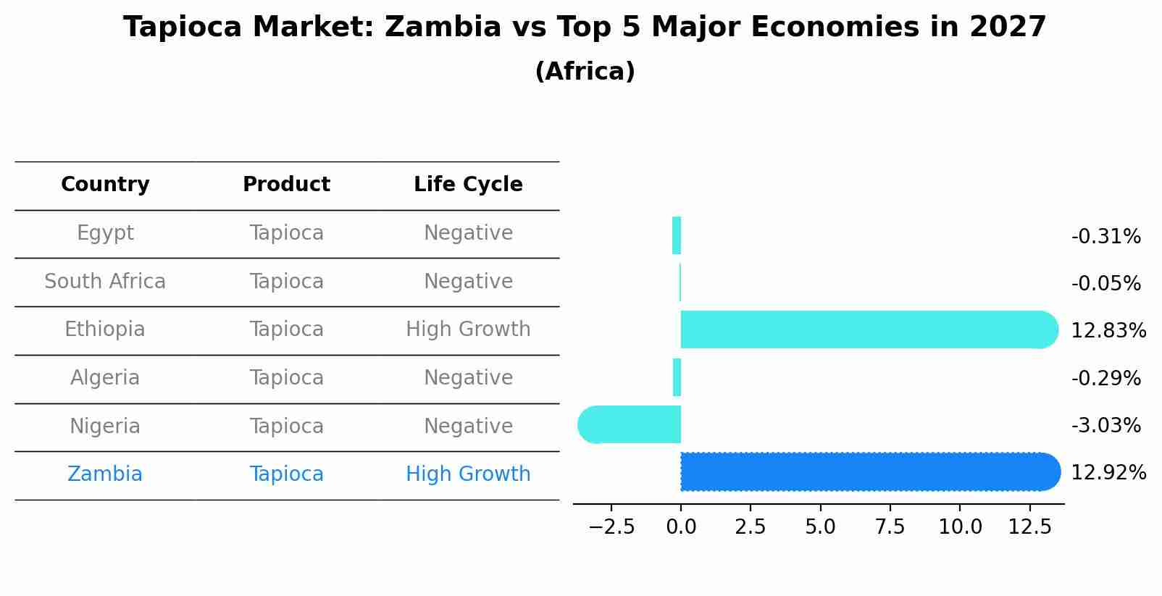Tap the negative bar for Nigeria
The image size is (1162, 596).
click(630, 425)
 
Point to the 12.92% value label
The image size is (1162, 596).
click(1108, 473)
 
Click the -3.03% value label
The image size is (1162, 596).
click(1105, 426)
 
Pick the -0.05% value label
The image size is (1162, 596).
click(1105, 284)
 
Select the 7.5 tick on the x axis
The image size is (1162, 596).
click(890, 527)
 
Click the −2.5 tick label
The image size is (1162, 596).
click(611, 527)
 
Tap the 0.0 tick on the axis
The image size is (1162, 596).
click(681, 527)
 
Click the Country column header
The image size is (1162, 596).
click(105, 185)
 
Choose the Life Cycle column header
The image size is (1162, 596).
click(468, 185)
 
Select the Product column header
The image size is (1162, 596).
click(286, 185)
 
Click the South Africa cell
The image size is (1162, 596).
click(105, 282)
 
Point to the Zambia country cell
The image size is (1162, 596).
click(105, 474)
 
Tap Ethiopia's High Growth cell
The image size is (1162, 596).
click(468, 330)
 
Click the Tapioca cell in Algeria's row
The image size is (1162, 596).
click(286, 378)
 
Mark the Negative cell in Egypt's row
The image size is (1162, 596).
click(468, 233)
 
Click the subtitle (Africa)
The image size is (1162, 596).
click(585, 72)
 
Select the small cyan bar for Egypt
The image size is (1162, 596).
click(677, 236)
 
